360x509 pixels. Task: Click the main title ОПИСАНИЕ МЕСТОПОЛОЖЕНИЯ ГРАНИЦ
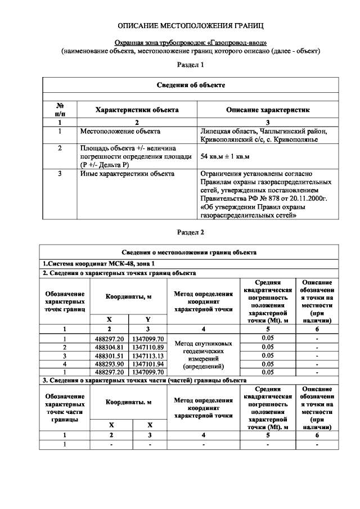[x=190, y=26]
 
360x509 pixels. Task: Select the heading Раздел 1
[x=190, y=66]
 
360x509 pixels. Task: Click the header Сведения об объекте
[x=190, y=85]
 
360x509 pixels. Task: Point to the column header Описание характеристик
[x=267, y=110]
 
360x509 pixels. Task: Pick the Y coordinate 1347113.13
[x=147, y=355]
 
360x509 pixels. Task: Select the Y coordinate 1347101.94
[x=147, y=364]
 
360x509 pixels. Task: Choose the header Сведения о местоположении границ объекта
[x=190, y=253]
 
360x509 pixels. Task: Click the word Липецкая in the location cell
[x=215, y=131]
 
